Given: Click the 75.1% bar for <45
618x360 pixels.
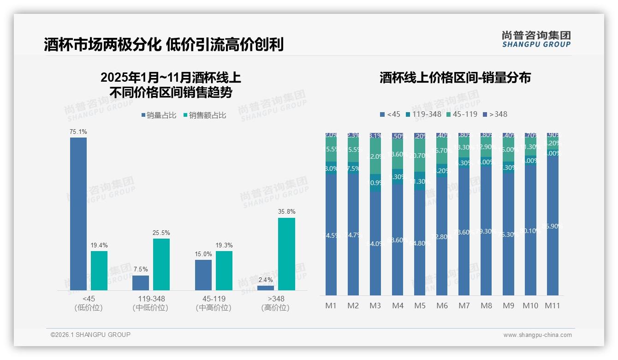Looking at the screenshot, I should click(x=78, y=214).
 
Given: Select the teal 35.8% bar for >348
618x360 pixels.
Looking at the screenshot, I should click(x=286, y=254).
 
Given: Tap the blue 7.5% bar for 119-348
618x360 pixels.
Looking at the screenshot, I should click(x=141, y=283).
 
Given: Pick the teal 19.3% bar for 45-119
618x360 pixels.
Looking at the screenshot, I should click(x=224, y=270).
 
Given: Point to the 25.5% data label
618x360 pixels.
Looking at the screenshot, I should click(x=161, y=233).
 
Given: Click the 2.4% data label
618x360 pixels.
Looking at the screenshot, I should click(x=266, y=280).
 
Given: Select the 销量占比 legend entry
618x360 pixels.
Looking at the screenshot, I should click(x=159, y=115).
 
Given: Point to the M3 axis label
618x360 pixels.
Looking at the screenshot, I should click(x=375, y=306).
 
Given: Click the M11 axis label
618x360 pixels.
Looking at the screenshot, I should click(x=553, y=306).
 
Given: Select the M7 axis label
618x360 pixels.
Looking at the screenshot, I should click(x=464, y=306).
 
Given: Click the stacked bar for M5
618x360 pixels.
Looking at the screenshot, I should click(x=420, y=214).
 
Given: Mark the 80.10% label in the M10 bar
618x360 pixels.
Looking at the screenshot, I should click(x=530, y=231).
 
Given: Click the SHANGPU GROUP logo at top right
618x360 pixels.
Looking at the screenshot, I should click(x=536, y=39).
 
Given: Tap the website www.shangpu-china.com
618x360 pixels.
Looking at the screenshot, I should click(x=537, y=335).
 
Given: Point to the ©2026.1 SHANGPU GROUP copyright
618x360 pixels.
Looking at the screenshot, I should click(x=90, y=335).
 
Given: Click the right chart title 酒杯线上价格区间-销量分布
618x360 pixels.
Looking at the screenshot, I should click(x=455, y=78).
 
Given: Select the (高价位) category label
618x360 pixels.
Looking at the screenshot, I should click(x=275, y=308).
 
